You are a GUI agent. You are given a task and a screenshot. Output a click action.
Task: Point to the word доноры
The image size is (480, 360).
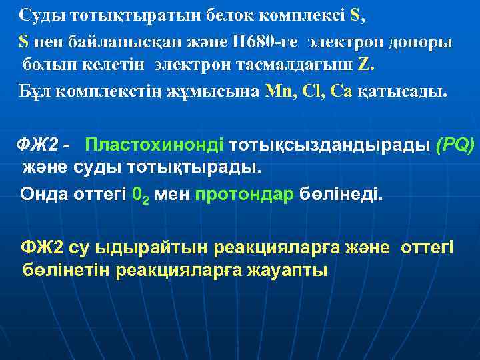[x=418, y=41]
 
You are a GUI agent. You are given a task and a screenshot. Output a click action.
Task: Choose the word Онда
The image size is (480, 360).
[x=41, y=195]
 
